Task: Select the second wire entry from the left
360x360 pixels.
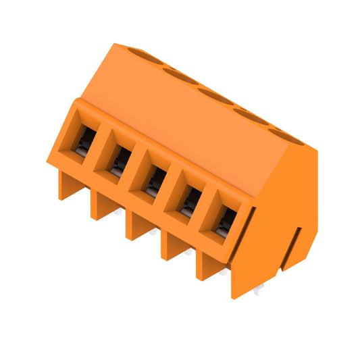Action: coord(120,160)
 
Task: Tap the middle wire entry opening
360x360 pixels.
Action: coord(155,180)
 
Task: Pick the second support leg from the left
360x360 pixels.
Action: coord(101,205)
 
